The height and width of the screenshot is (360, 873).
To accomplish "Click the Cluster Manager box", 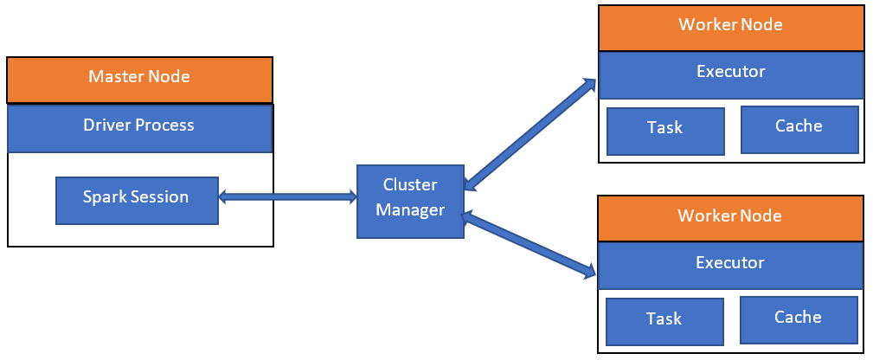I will [x=410, y=198].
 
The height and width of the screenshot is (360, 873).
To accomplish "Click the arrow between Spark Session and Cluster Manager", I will [x=288, y=197].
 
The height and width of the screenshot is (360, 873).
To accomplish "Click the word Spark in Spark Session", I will [x=101, y=197].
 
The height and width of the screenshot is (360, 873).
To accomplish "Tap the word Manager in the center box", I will [x=410, y=210].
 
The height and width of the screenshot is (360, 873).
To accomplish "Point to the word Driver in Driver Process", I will [x=105, y=125].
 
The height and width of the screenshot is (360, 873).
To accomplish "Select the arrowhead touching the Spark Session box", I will [x=224, y=197].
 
